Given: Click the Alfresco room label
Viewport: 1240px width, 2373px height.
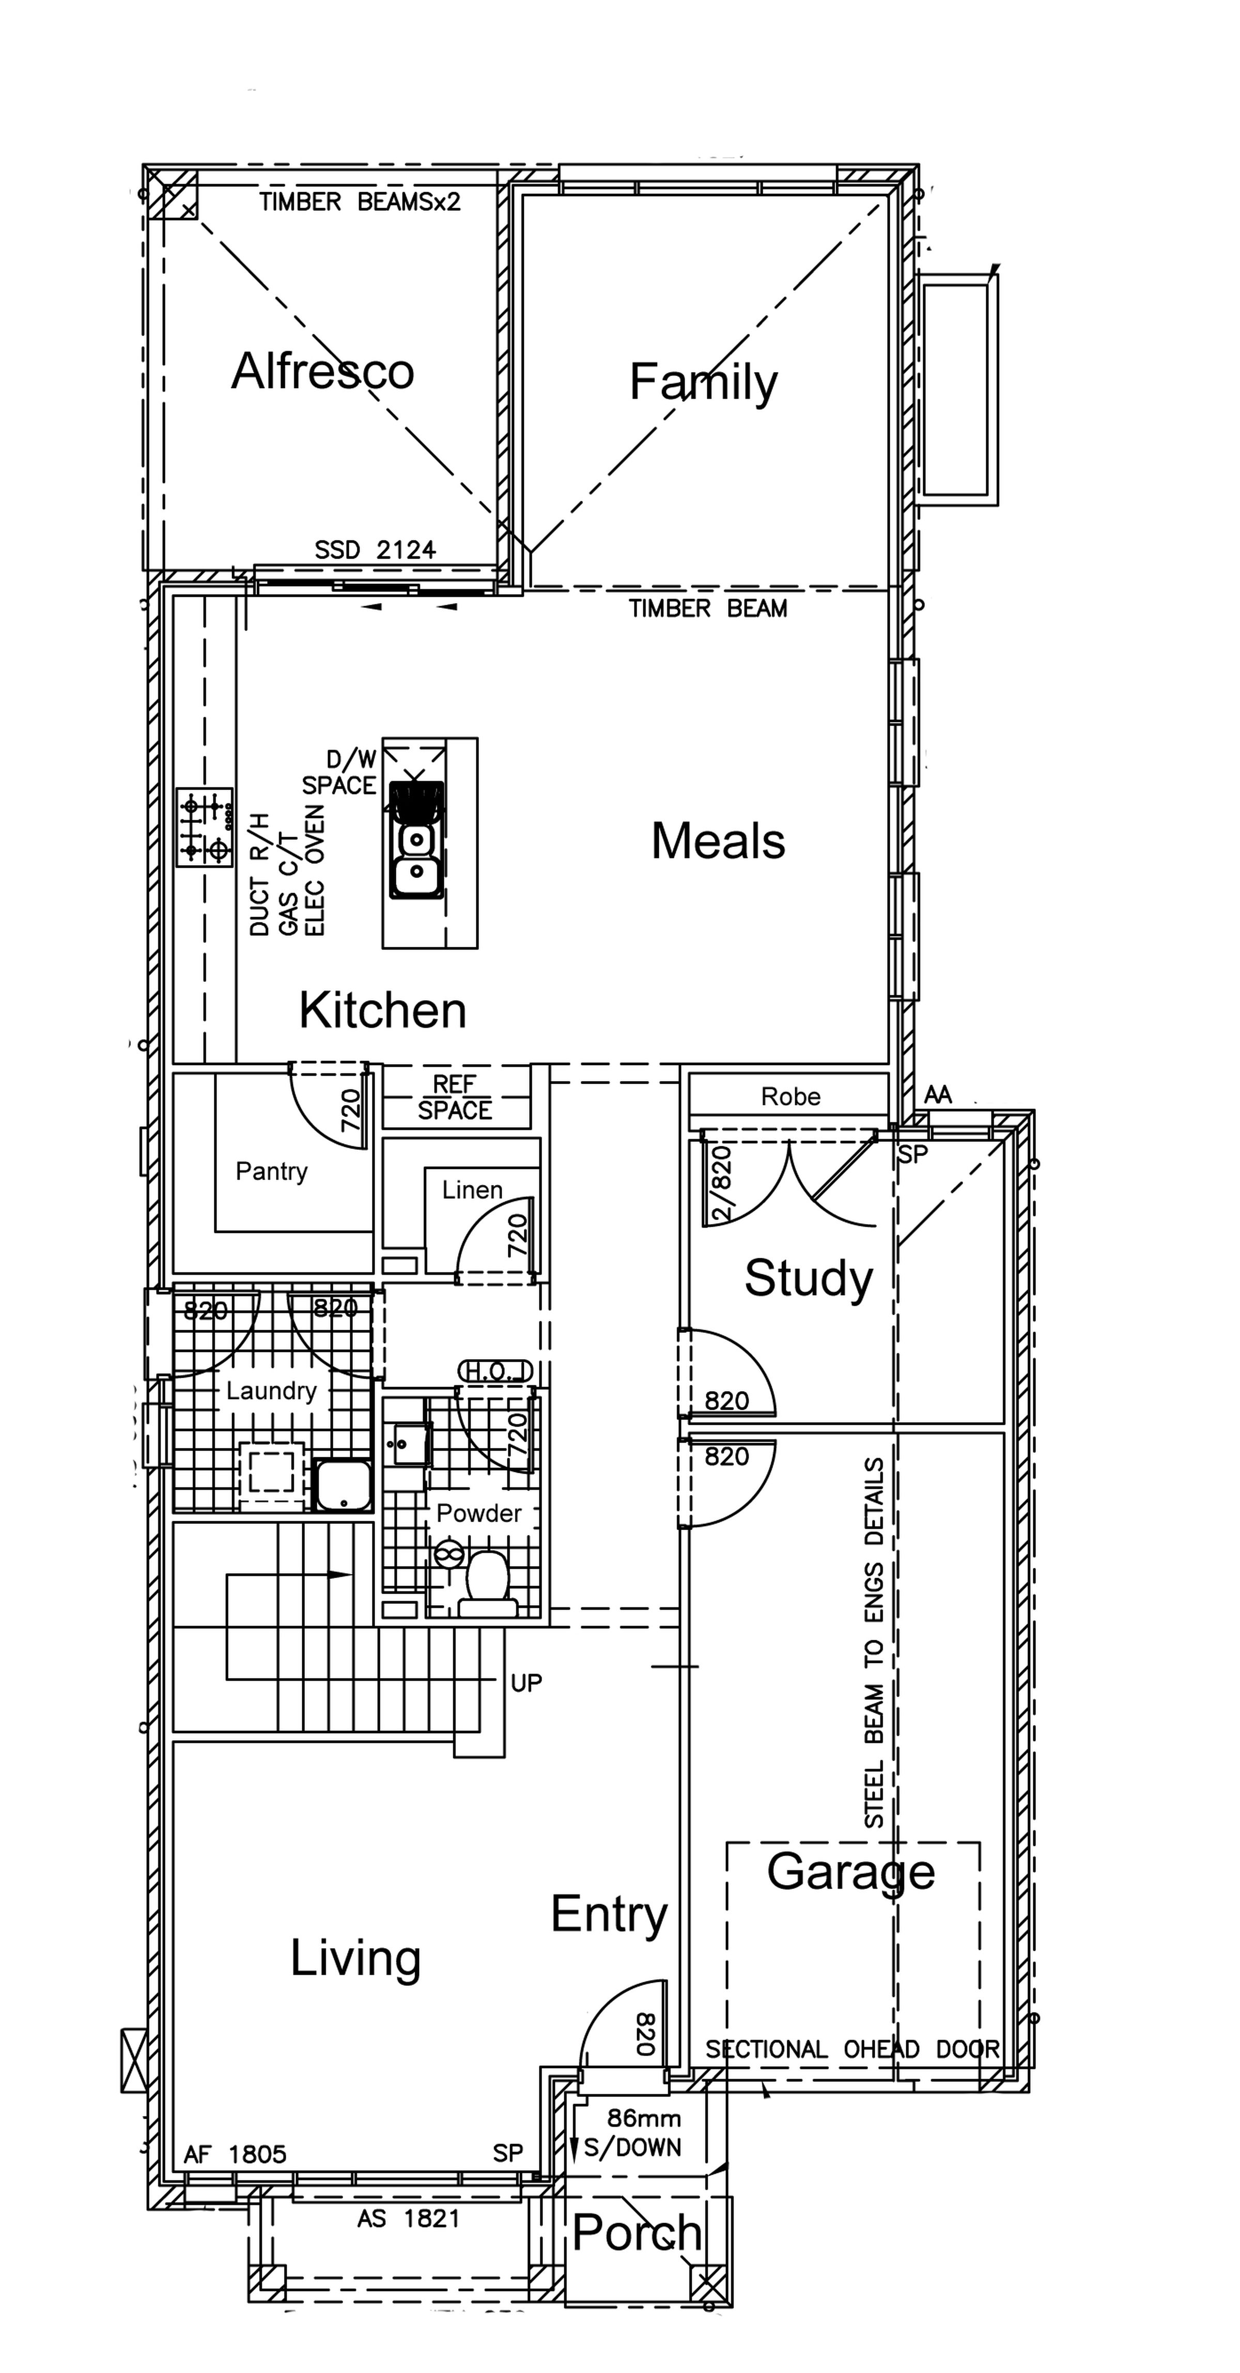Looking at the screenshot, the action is point(322,371).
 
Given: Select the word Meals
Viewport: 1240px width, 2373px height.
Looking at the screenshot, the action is point(718,841).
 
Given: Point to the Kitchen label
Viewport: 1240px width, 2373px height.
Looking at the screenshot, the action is point(382,1011).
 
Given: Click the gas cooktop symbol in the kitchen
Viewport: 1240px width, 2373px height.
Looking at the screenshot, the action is point(205,826).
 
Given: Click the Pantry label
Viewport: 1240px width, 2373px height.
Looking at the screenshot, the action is point(272,1172).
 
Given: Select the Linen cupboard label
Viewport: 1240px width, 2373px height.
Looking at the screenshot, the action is point(472,1190).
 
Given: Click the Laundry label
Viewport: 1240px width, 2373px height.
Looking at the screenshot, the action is point(272,1391).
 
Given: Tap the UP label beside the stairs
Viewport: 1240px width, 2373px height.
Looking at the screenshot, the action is point(526,1683).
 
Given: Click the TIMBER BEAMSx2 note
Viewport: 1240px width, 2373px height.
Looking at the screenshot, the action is point(359,202).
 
